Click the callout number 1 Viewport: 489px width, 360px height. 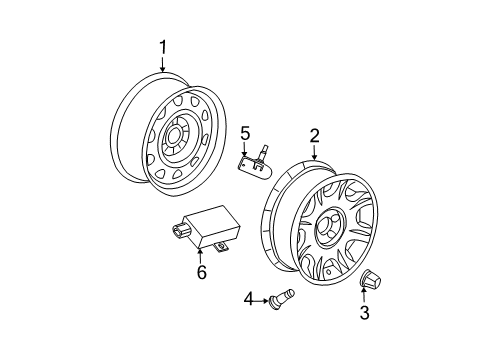(161, 46)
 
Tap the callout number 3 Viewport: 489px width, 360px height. (364, 314)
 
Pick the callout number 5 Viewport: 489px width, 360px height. (244, 133)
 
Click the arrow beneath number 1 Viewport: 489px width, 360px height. (161, 64)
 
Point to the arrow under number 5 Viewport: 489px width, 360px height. (244, 149)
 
